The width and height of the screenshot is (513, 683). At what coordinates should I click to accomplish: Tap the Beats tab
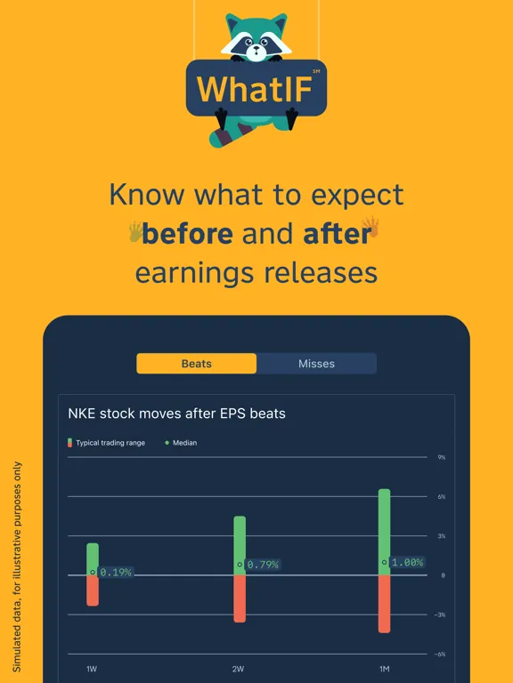tap(196, 364)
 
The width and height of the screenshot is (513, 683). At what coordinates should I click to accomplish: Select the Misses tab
tap(316, 364)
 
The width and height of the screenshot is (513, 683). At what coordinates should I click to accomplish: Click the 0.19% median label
tap(116, 573)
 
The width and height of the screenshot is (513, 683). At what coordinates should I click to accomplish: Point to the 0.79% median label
tap(263, 565)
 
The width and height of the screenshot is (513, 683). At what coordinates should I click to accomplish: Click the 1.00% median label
tap(408, 563)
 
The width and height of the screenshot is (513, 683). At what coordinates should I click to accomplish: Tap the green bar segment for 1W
tap(93, 557)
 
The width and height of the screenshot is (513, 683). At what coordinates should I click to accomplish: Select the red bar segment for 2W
tap(240, 599)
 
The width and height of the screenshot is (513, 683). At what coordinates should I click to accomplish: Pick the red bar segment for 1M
tap(385, 604)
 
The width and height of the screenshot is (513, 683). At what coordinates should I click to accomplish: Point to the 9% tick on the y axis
tap(441, 458)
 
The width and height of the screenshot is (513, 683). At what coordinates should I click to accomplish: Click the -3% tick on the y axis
tap(440, 615)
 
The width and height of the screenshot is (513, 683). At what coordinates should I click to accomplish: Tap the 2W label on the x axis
tap(239, 669)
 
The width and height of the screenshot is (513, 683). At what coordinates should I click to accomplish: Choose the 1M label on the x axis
tap(384, 669)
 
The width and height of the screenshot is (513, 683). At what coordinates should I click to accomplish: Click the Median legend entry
tap(182, 443)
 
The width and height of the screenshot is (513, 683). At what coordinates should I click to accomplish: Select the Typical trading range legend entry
tap(106, 443)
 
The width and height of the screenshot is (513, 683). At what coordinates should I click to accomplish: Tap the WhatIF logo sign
tap(256, 88)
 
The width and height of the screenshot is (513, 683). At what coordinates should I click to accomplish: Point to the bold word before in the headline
tap(187, 234)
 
